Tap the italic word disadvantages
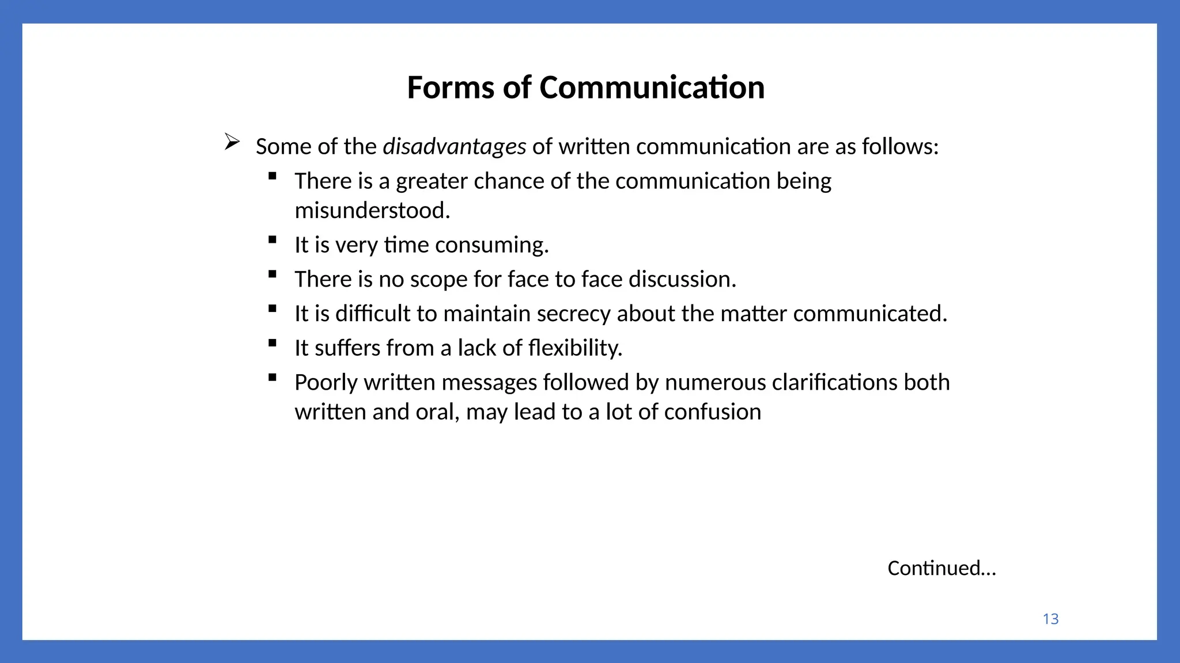(x=454, y=147)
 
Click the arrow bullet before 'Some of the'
(x=232, y=142)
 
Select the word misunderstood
(x=372, y=211)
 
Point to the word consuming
(x=491, y=245)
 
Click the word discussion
(x=682, y=279)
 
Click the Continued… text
(x=941, y=569)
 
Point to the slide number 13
(x=1050, y=619)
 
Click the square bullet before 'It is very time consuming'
(x=273, y=240)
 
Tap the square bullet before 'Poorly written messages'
(x=273, y=378)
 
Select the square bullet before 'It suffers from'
(x=273, y=344)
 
